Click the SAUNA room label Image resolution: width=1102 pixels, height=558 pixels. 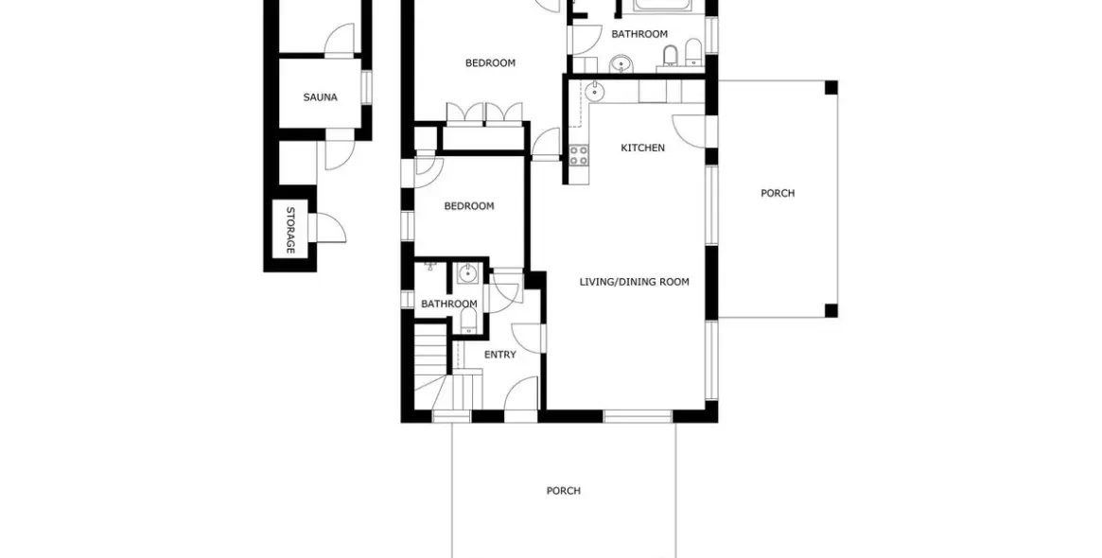[320, 97]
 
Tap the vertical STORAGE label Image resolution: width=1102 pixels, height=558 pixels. [290, 231]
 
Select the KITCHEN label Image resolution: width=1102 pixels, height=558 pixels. [642, 148]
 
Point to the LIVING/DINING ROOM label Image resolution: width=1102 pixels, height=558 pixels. [634, 282]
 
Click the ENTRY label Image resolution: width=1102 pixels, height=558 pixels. [499, 355]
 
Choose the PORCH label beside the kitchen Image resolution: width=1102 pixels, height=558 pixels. [778, 193]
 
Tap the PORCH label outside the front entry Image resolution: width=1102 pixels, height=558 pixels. [564, 491]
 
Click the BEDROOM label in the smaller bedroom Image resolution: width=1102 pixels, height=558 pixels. [469, 206]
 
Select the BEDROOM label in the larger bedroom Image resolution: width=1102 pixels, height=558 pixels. [490, 63]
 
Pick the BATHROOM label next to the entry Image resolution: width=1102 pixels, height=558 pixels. [449, 304]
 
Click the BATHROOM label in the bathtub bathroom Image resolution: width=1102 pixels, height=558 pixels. [638, 34]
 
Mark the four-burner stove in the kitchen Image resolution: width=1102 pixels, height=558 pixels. [578, 155]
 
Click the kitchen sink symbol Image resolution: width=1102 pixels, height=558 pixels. [595, 92]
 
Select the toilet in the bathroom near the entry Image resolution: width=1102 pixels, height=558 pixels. [469, 323]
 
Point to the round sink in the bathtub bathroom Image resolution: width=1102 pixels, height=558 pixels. [620, 63]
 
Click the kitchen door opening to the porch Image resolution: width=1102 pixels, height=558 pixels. [689, 131]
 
